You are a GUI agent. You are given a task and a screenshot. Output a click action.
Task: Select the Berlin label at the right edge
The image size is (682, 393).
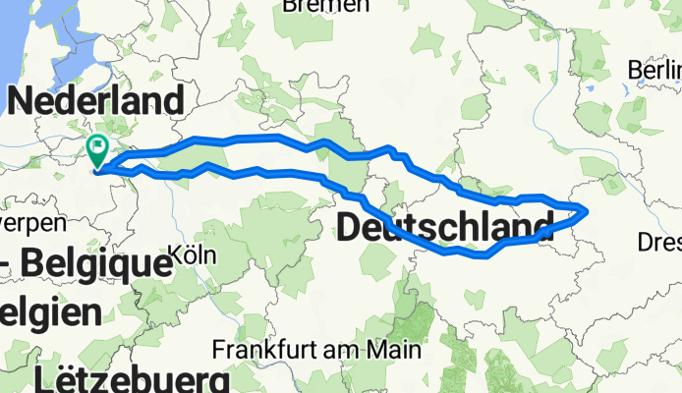(x=655, y=71)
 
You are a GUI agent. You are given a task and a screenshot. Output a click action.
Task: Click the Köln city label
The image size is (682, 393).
(x=193, y=254)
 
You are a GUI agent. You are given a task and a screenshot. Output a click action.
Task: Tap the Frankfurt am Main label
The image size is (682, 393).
(x=318, y=350)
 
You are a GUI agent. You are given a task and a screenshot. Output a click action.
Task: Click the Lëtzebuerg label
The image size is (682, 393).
(x=134, y=378)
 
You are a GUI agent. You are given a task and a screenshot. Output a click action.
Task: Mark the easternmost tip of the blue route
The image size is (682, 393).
(x=588, y=209)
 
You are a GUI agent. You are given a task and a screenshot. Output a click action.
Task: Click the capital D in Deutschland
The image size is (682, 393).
(x=351, y=229)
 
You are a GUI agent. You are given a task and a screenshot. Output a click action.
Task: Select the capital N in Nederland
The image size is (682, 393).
(x=22, y=101)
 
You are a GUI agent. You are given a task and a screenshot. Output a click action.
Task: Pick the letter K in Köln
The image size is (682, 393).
(x=177, y=254)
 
